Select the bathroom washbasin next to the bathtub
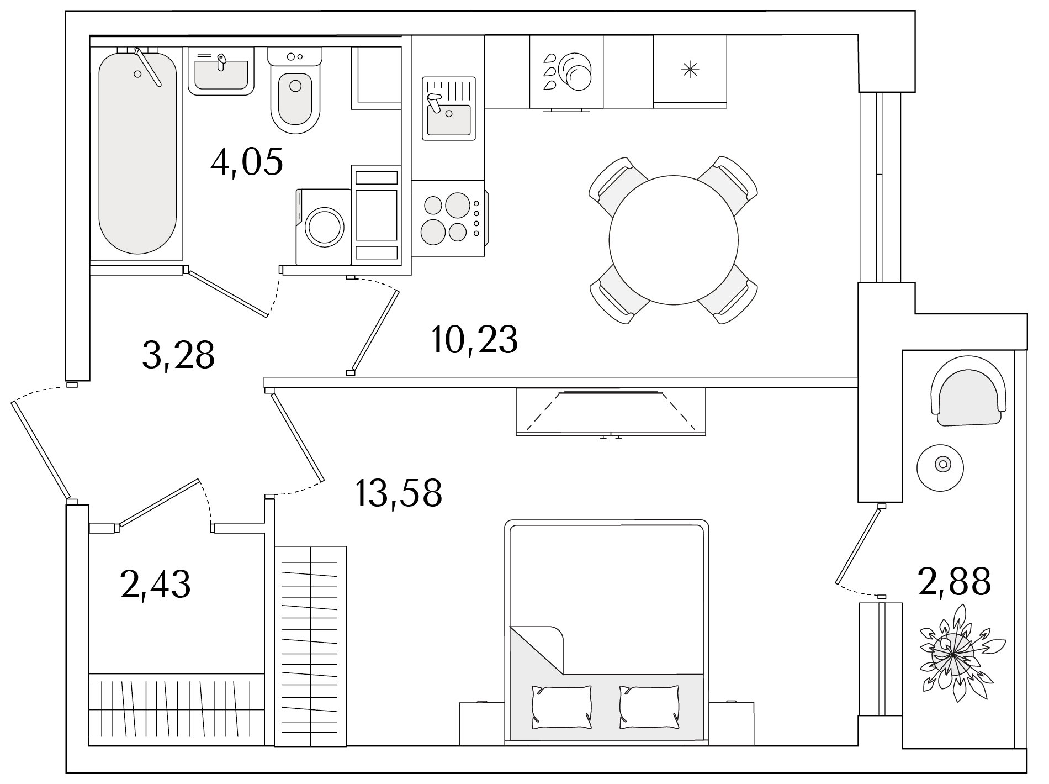(221, 71)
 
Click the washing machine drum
(326, 227)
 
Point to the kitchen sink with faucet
(449, 108)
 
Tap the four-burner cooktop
(448, 218)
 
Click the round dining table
(674, 240)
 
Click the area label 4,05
(247, 161)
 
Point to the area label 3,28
(178, 355)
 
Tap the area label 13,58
(399, 493)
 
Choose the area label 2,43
(155, 585)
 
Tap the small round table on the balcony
(940, 467)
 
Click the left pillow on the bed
(561, 707)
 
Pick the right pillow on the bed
(649, 707)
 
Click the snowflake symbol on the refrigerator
(690, 70)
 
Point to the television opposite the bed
(611, 412)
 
